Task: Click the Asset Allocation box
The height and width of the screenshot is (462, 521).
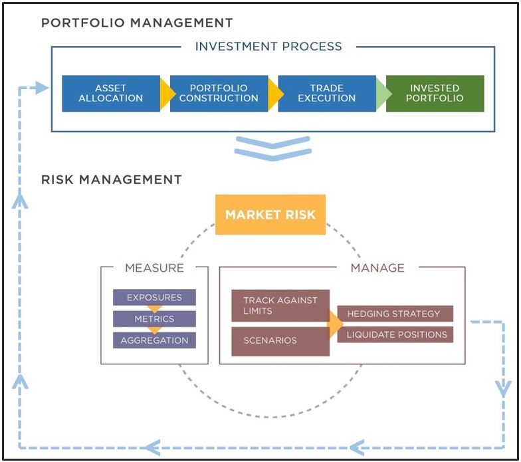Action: pos(111,93)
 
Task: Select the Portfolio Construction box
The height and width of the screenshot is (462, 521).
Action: pos(219,93)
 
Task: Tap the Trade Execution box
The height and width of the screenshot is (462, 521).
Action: pos(327,93)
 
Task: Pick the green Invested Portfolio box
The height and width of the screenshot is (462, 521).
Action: pos(435,93)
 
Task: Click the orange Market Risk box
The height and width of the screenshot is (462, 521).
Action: pos(270,215)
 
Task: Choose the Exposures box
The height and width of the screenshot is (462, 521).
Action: pos(154,297)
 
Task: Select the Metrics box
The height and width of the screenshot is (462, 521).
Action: pos(154,319)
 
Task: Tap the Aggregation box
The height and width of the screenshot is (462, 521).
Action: pos(154,340)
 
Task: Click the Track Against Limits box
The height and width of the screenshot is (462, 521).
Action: pos(280,306)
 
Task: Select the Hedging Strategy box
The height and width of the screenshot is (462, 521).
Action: pos(395,314)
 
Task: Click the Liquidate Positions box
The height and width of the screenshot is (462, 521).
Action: pos(395,335)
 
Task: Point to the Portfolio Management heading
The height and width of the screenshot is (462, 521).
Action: pos(137,23)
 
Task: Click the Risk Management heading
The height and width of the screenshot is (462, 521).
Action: pos(112,179)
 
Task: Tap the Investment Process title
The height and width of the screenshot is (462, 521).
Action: pos(268,47)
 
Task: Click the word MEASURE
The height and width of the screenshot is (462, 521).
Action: pos(154,268)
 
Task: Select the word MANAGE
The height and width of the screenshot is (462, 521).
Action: pos(377,268)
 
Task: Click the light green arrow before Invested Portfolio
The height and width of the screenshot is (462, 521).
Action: pos(383,94)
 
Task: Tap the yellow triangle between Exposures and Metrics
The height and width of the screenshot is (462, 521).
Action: pos(154,308)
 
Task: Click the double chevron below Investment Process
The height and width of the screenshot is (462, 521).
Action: pos(272,149)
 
